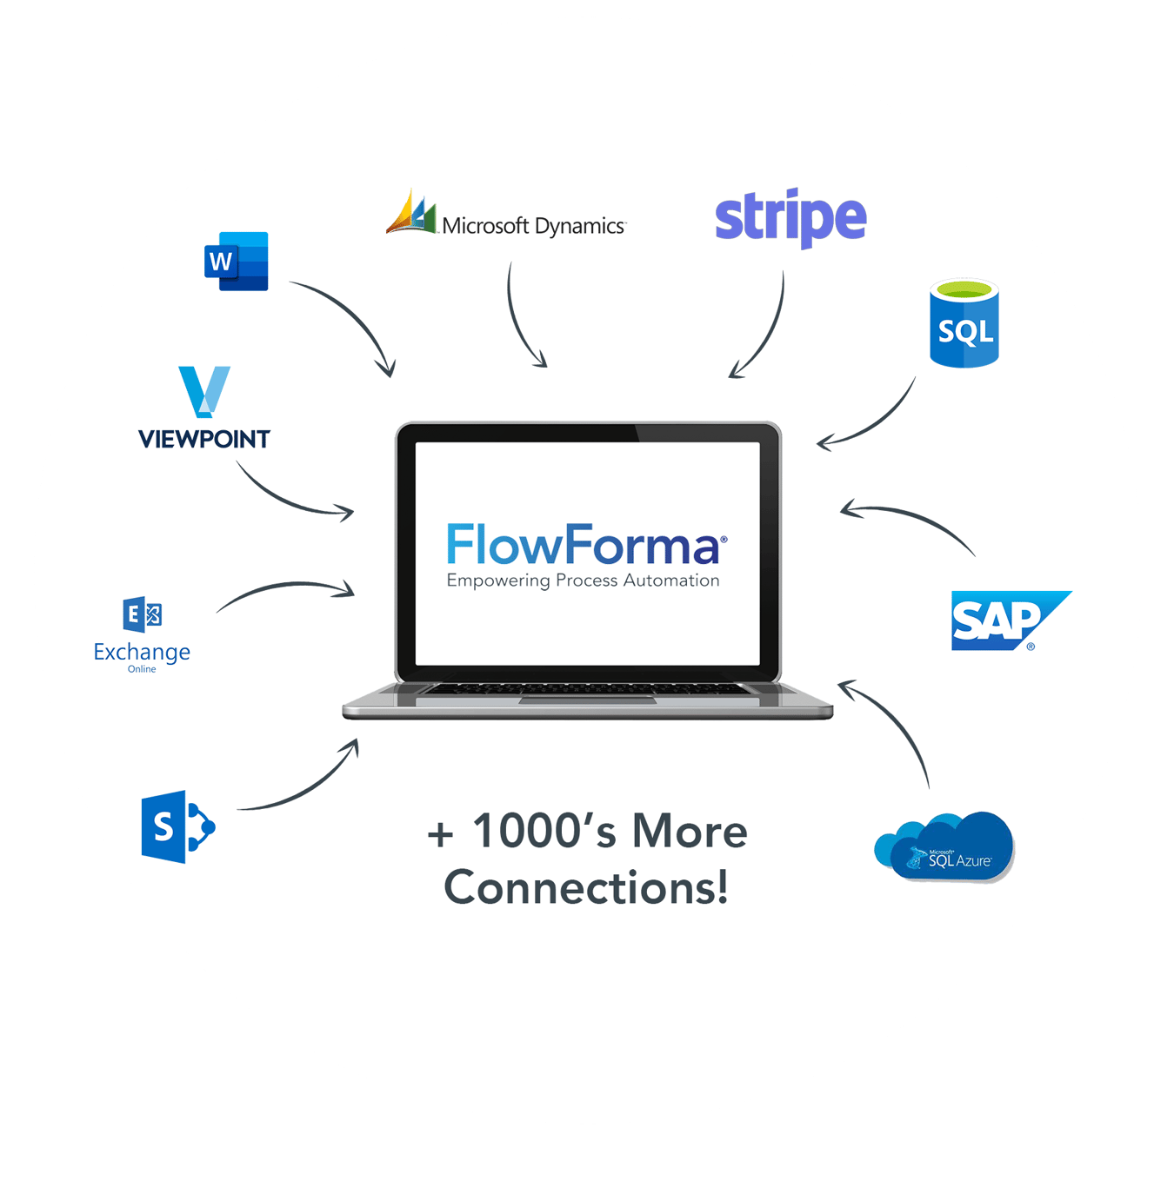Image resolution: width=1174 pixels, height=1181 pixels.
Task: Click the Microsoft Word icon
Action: click(237, 261)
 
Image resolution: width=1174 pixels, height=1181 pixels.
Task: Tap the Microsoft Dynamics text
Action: click(533, 226)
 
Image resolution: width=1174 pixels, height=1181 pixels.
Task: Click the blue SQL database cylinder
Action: click(964, 323)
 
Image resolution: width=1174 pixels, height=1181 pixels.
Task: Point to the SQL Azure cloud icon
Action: click(946, 847)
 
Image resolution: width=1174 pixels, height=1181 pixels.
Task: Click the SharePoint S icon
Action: click(177, 826)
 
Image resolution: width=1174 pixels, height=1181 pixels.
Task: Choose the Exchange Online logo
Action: click(142, 634)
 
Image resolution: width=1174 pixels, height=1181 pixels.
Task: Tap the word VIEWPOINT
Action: click(204, 440)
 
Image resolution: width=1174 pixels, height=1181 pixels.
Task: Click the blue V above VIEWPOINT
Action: click(204, 391)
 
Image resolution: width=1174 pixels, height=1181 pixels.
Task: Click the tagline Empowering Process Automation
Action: click(583, 581)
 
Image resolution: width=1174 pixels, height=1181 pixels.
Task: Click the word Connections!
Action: click(586, 887)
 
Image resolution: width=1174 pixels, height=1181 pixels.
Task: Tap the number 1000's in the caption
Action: click(544, 831)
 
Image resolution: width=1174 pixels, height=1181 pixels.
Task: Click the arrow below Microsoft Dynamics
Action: click(517, 322)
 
